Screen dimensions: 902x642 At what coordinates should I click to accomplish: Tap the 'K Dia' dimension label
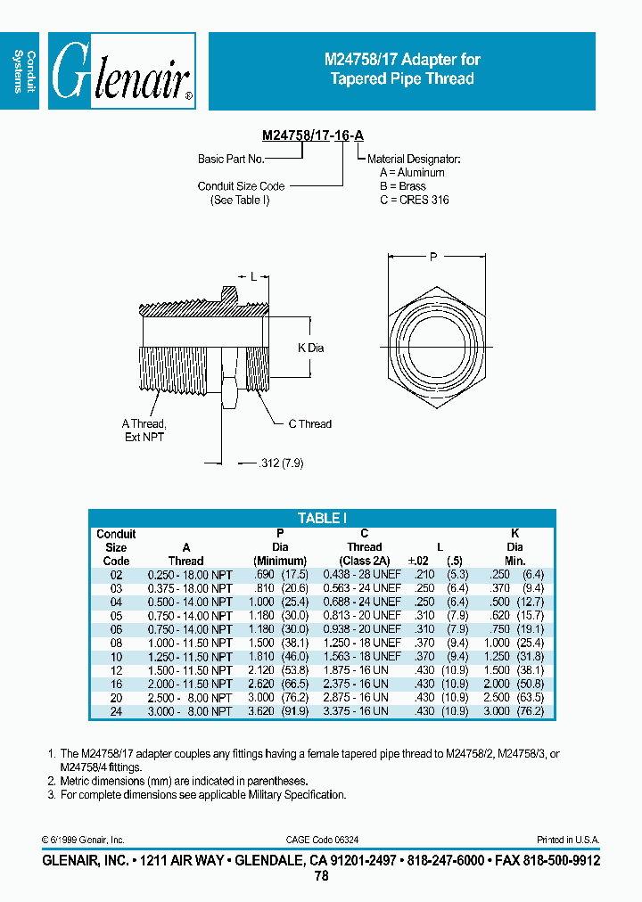coord(310,347)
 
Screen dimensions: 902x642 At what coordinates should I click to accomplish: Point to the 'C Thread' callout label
coord(309,424)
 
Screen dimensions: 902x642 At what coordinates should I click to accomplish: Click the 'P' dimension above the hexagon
coord(434,257)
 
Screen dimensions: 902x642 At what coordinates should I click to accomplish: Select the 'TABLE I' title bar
coord(322,518)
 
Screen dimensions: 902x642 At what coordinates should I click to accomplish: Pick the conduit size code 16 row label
coord(115,684)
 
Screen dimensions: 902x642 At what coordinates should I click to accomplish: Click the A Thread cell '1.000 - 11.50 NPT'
coord(189,643)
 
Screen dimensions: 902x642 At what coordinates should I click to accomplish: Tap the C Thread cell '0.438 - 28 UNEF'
coord(361,575)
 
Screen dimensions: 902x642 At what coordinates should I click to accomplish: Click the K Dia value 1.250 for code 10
coord(503,656)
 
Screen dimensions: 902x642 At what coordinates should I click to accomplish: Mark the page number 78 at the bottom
coord(321,877)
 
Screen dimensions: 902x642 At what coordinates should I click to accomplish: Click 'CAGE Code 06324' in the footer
coord(323,840)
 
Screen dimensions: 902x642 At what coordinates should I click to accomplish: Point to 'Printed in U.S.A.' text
coord(568,840)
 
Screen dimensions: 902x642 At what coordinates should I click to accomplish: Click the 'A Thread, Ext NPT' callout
coord(144,430)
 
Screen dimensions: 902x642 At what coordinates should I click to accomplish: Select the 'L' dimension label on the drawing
coord(253,277)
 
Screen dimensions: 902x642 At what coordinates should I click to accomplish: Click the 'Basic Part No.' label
coord(231,159)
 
